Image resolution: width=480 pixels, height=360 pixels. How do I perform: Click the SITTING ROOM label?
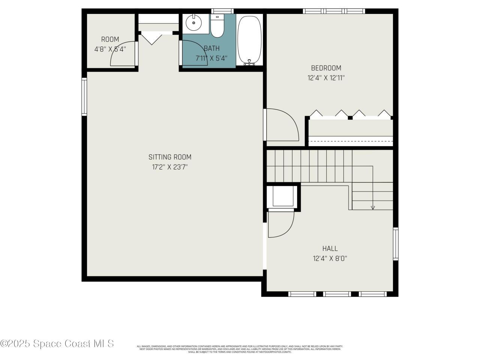[x=170, y=157]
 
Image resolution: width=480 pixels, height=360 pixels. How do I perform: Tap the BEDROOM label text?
[x=326, y=68]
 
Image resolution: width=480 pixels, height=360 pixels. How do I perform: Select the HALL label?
[x=330, y=248]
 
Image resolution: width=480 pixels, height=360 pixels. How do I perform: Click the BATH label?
[x=211, y=48]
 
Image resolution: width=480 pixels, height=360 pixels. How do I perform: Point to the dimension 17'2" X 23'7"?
[x=170, y=167]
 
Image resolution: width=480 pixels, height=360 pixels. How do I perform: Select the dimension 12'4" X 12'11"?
[x=326, y=78]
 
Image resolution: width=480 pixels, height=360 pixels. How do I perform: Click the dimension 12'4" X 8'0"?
[x=330, y=258]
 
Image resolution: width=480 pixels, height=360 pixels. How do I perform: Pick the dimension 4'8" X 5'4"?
[x=110, y=49]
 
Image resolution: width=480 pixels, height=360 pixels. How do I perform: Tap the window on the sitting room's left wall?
[x=84, y=97]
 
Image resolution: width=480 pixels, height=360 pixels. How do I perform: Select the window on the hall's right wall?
[x=396, y=244]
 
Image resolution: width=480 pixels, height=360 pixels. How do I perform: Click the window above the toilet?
[x=222, y=11]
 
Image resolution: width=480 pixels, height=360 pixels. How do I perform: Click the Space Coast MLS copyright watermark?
[x=57, y=343]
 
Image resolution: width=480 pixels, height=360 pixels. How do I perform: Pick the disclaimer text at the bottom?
[x=240, y=349]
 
